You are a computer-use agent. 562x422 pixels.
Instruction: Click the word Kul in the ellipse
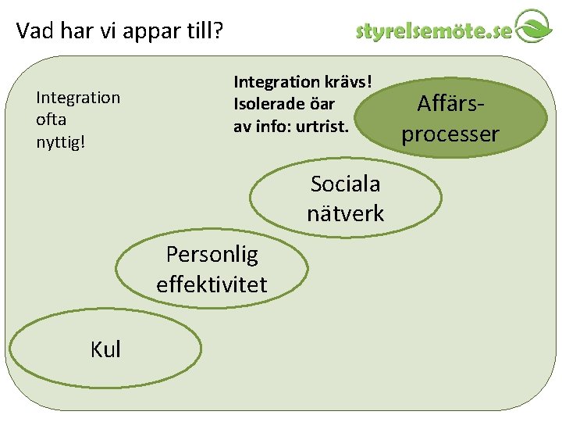tap(106, 349)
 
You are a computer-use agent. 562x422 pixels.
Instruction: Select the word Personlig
tap(212, 255)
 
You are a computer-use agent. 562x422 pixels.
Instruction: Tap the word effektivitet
tap(212, 284)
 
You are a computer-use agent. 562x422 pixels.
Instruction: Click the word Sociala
tap(345, 184)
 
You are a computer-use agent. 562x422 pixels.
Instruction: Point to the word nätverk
tap(345, 213)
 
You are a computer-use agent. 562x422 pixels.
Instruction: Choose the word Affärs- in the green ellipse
tap(450, 103)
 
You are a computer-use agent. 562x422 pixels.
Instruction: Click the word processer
tap(450, 134)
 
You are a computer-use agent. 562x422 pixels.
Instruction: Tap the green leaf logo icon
tap(535, 27)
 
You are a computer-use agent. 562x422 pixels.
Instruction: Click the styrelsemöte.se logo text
tap(434, 31)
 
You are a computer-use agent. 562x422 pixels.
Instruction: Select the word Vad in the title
tap(34, 31)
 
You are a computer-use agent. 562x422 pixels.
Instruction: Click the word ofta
tap(52, 120)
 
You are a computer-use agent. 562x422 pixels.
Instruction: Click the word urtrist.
tap(320, 125)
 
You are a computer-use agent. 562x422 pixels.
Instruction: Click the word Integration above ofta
tap(78, 98)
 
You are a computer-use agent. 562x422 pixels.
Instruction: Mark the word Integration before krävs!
tap(276, 81)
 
